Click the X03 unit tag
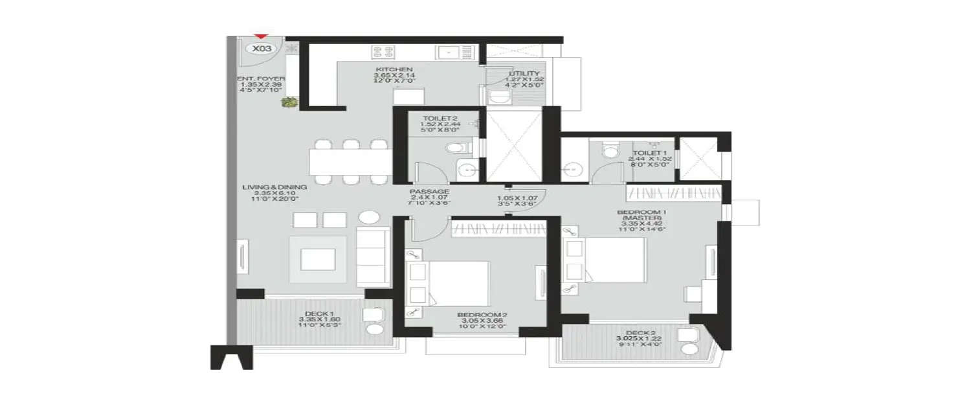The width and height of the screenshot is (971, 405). (x=262, y=48)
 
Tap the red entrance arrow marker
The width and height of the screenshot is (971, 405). (x=261, y=37)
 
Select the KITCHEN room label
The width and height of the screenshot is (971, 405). (x=394, y=69)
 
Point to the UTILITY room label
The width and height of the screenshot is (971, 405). (x=520, y=74)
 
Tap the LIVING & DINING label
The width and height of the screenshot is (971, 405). (x=267, y=187)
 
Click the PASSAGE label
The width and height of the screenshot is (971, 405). (x=429, y=192)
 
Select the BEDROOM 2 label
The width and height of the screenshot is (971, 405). (x=482, y=315)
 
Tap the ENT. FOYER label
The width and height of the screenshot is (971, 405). (x=260, y=78)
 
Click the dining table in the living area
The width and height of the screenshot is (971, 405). (x=350, y=162)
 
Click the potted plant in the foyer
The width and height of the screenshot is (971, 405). (x=290, y=102)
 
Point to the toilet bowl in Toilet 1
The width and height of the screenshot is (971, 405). (x=608, y=150)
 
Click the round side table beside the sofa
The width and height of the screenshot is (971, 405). (x=370, y=218)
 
